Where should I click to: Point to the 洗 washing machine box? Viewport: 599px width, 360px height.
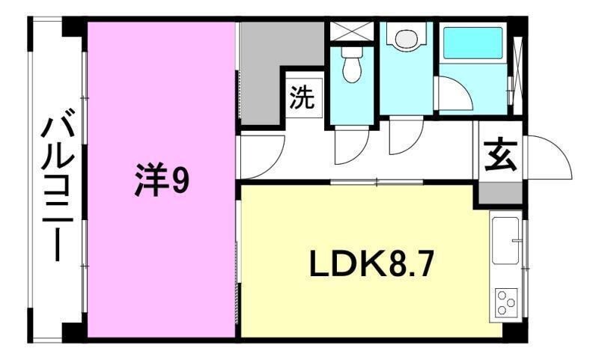[x=303, y=99]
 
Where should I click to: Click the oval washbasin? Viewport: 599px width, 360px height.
[x=406, y=37]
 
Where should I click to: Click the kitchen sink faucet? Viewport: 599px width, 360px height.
[x=517, y=240]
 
